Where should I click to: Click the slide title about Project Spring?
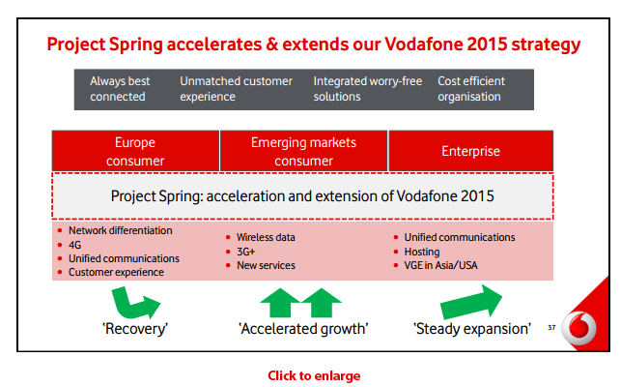coord(314,45)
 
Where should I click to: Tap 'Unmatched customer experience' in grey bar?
coord(236,89)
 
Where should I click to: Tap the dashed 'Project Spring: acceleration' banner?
coord(302,196)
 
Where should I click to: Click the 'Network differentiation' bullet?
coord(120,231)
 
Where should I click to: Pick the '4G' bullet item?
coord(75,245)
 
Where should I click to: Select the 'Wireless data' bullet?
coord(266,237)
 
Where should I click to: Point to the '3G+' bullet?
coord(247,251)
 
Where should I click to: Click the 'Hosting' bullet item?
coord(422,252)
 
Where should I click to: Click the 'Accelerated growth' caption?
coord(303,329)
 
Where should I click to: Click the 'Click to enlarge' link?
coord(314,374)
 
